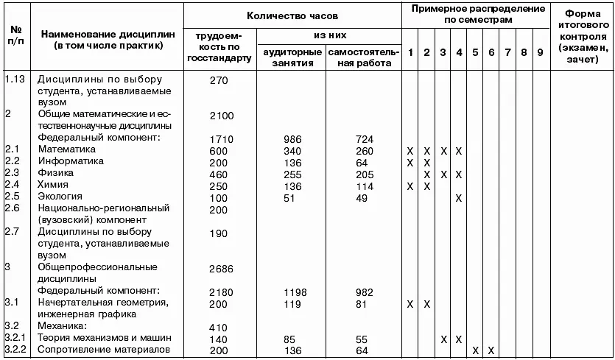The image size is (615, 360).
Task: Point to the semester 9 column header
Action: click(540, 54)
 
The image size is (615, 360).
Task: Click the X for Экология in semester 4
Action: click(458, 197)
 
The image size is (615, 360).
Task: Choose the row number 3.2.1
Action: click(15, 337)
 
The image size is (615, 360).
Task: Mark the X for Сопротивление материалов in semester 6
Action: click(491, 349)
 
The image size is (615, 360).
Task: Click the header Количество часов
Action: click(292, 15)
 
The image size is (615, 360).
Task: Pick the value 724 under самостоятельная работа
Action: click(363, 138)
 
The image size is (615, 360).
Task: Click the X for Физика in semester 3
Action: click(443, 174)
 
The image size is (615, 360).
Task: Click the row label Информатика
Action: click(71, 161)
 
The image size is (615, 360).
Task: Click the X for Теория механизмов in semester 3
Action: click(443, 338)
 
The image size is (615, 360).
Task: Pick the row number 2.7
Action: click(13, 232)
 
